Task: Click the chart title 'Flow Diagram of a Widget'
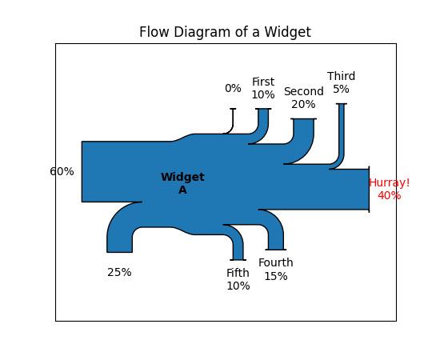[x=225, y=32]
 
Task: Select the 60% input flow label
[x=62, y=171]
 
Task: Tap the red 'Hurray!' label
[x=390, y=183]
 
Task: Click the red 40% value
[x=390, y=195]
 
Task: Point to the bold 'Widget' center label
[x=182, y=177]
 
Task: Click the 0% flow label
[x=233, y=88]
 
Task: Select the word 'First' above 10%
[x=263, y=82]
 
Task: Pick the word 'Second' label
[x=304, y=91]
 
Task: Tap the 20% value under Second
[x=303, y=104]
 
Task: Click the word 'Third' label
[x=342, y=76]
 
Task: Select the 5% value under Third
[x=342, y=90]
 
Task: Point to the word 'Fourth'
[x=276, y=263]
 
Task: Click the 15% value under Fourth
[x=276, y=276]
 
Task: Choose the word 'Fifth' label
[x=238, y=273]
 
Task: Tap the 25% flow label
[x=119, y=273]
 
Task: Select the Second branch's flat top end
[x=304, y=119]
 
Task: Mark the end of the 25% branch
[x=119, y=252]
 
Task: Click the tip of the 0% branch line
[x=233, y=109]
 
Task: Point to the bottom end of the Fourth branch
[x=276, y=250]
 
